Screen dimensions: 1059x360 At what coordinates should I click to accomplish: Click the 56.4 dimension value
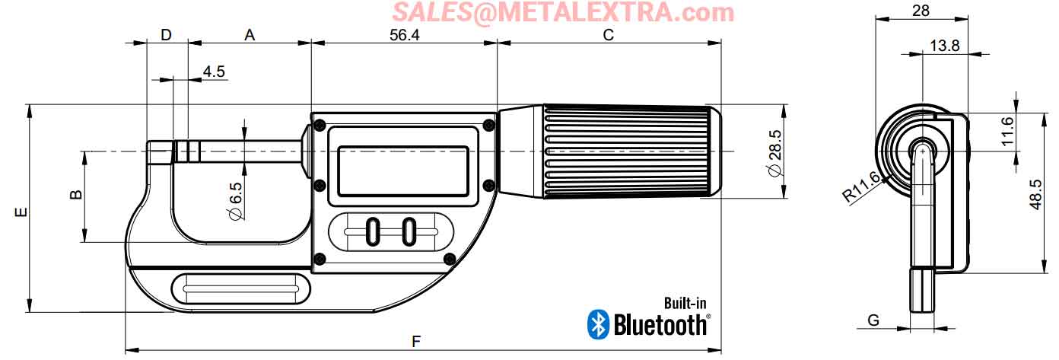click(404, 35)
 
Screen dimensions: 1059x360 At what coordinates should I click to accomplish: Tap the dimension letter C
click(609, 35)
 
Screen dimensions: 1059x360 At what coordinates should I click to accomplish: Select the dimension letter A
click(250, 35)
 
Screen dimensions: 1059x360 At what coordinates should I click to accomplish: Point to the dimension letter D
click(166, 35)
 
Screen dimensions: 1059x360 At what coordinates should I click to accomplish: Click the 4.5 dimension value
click(214, 72)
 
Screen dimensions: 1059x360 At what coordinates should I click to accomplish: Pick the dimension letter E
click(21, 212)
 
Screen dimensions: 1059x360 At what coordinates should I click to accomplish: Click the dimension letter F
click(416, 341)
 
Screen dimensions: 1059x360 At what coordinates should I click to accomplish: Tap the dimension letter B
click(75, 194)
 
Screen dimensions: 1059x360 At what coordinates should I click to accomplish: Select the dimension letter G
click(873, 320)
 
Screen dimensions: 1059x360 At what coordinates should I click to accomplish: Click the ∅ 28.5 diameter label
click(775, 153)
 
